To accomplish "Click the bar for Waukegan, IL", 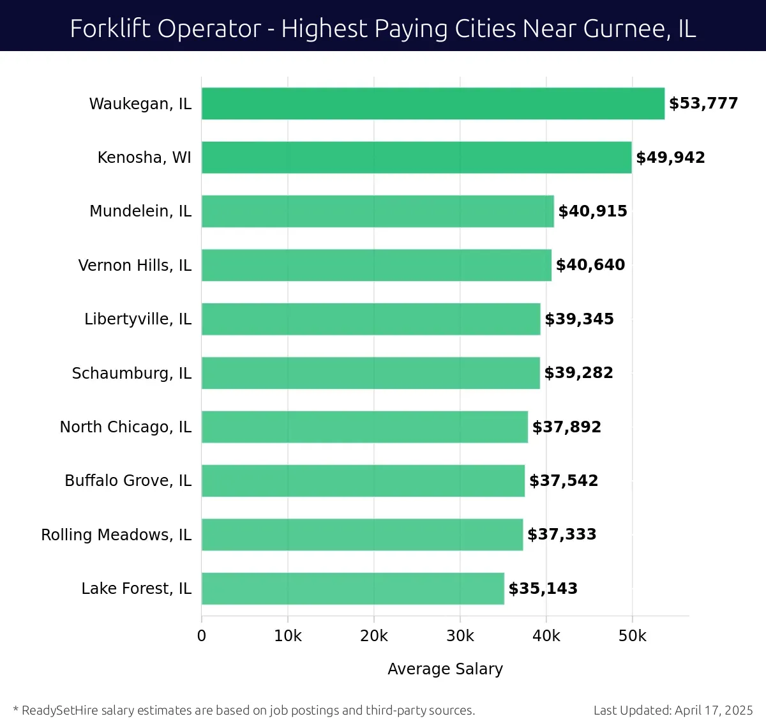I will pyautogui.click(x=433, y=103).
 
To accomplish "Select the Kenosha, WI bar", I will pyautogui.click(x=416, y=157).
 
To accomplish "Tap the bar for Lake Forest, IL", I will pyautogui.click(x=352, y=588).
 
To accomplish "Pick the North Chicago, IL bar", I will pyautogui.click(x=364, y=427).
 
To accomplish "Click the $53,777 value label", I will pyautogui.click(x=703, y=103).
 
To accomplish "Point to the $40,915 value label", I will pyautogui.click(x=592, y=211).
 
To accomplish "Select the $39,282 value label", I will pyautogui.click(x=578, y=373).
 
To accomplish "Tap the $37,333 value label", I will pyautogui.click(x=562, y=535).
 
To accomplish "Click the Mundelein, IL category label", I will pyautogui.click(x=140, y=211).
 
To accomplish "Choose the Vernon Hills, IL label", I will pyautogui.click(x=135, y=265).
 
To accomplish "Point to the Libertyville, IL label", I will pyautogui.click(x=138, y=319).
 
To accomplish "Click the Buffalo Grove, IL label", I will pyautogui.click(x=128, y=480).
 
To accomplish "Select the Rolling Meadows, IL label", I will pyautogui.click(x=116, y=535).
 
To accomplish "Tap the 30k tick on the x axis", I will pyautogui.click(x=460, y=636).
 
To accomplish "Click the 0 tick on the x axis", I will pyautogui.click(x=202, y=636).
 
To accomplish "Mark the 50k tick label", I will pyautogui.click(x=632, y=636).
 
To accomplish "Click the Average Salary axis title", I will pyautogui.click(x=445, y=669).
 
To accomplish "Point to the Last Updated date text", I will pyautogui.click(x=673, y=710).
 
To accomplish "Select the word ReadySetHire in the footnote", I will pyautogui.click(x=60, y=710).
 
